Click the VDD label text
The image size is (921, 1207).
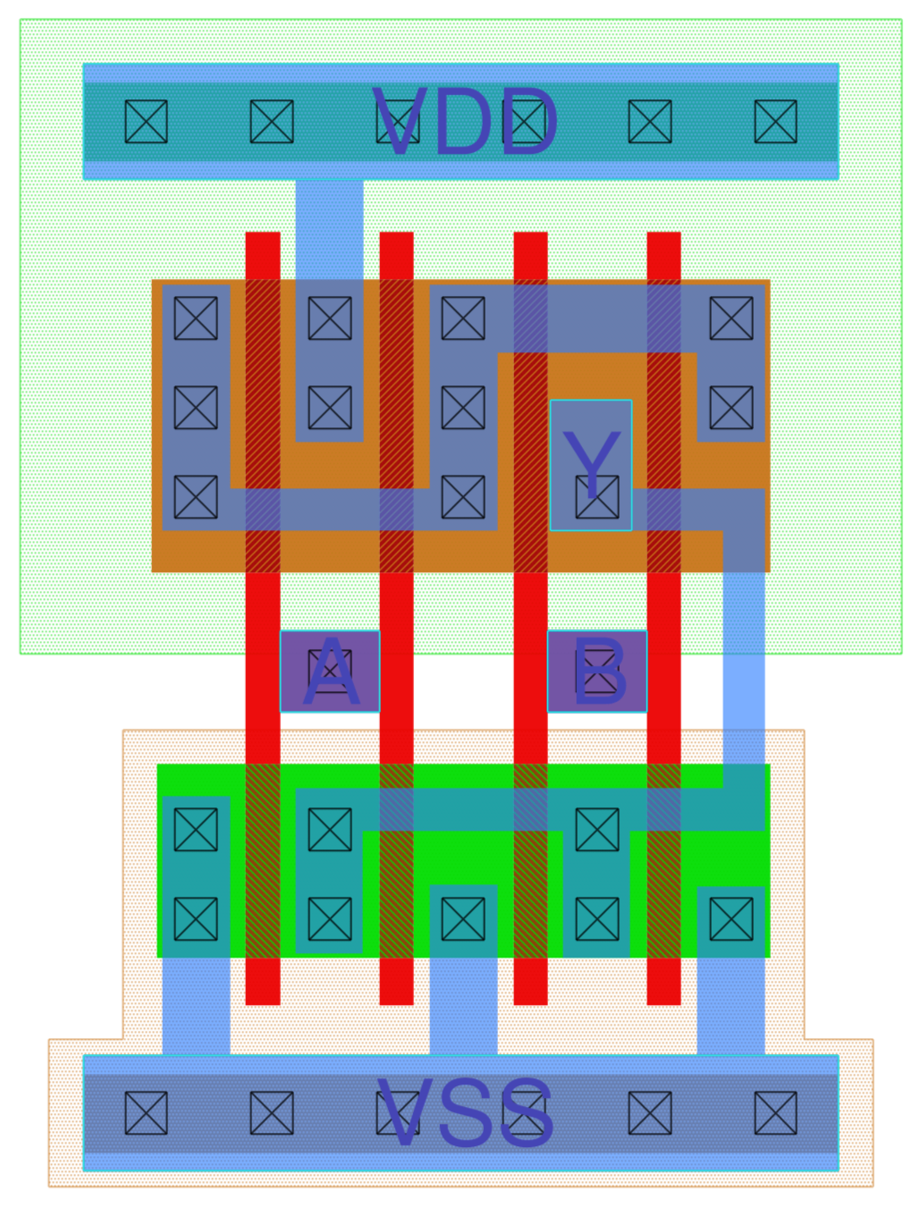(x=465, y=122)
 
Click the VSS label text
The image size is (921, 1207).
(x=465, y=1113)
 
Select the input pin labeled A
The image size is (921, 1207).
(x=330, y=671)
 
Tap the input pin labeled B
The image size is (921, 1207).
(x=596, y=671)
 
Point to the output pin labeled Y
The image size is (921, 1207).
(x=591, y=465)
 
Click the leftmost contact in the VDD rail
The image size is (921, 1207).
(x=146, y=122)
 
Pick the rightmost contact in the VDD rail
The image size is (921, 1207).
(x=775, y=122)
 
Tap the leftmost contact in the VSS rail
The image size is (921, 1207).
(x=146, y=1113)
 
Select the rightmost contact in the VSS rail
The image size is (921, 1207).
(x=775, y=1113)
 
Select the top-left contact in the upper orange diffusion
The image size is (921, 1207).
(x=196, y=318)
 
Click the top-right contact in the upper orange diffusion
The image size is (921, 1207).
(x=731, y=318)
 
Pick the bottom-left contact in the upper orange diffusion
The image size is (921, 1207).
(x=196, y=497)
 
